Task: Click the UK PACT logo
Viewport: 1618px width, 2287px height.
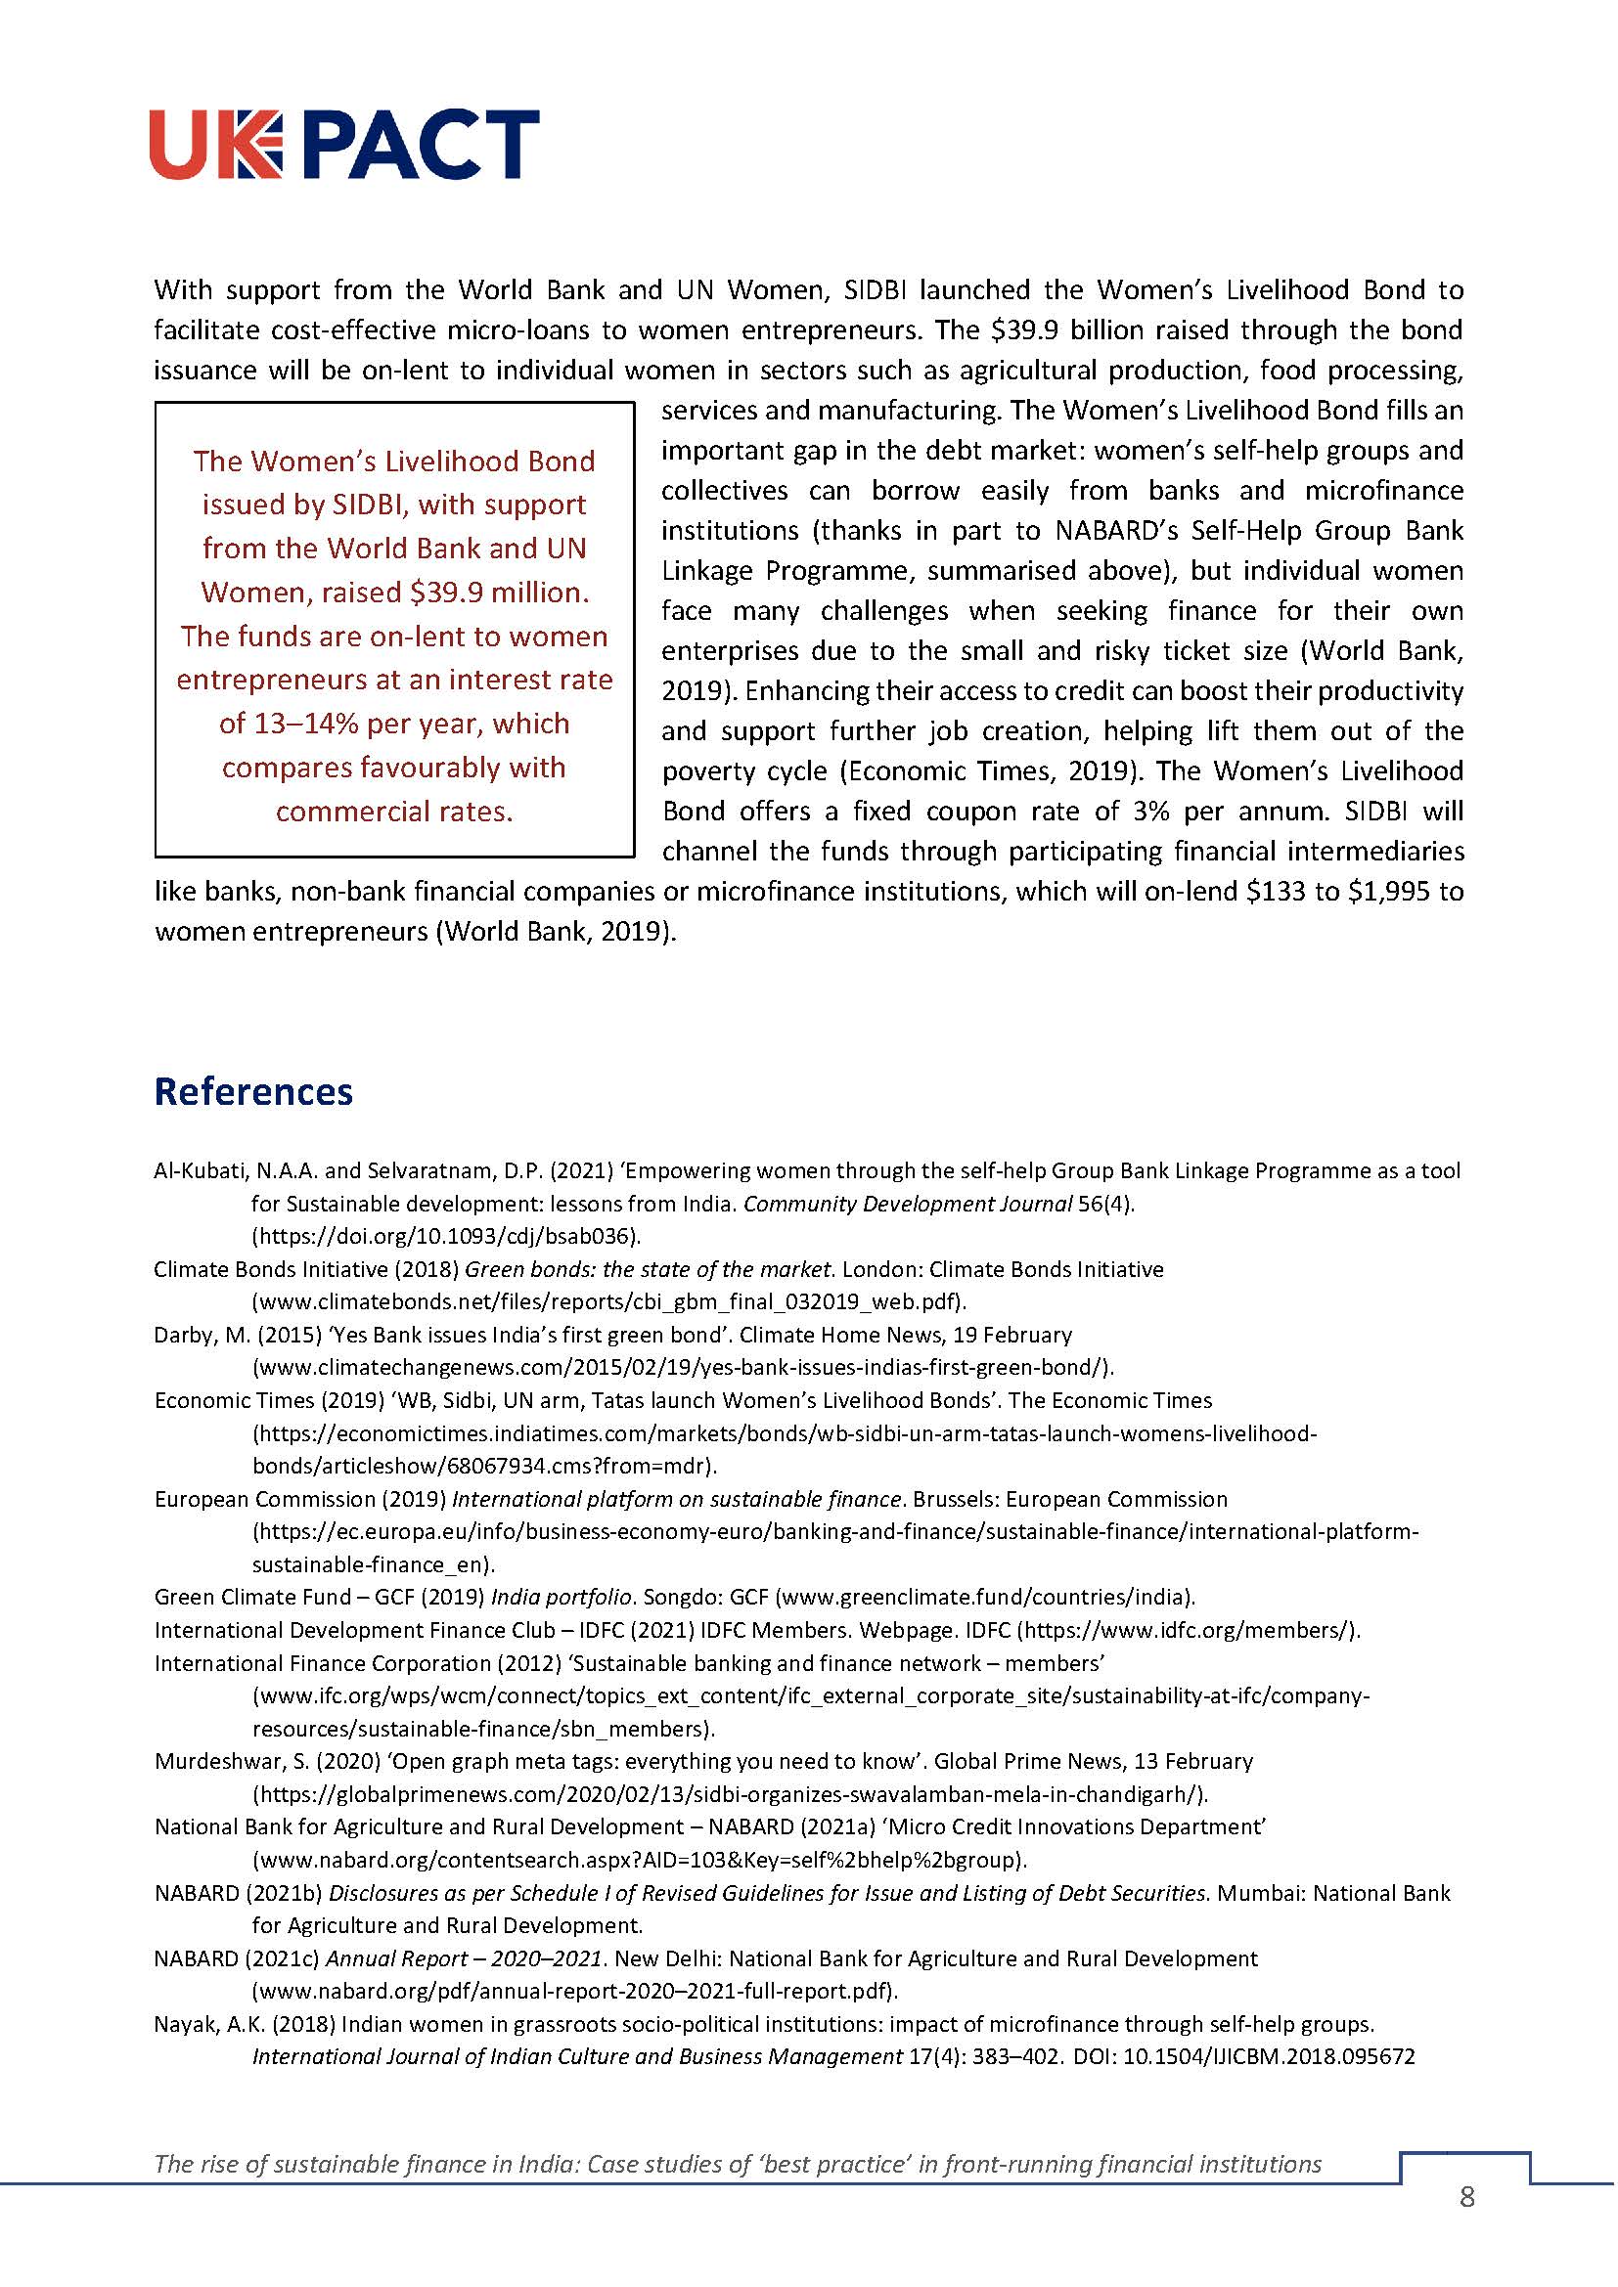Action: point(344,145)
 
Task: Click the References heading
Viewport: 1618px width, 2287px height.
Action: point(253,1092)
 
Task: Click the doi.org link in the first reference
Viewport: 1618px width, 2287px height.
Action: point(446,1236)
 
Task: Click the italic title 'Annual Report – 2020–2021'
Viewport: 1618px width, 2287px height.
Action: point(465,1958)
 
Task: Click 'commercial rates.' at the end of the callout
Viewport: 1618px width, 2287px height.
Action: point(394,812)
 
